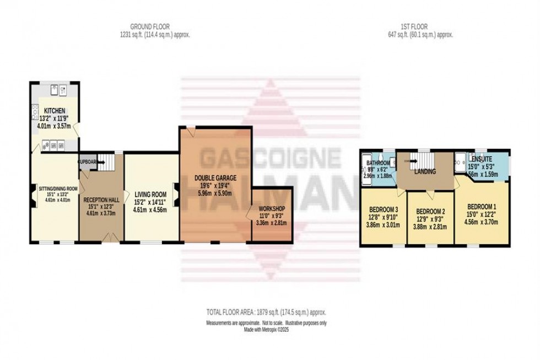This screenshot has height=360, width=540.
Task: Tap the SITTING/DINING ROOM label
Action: coord(58,189)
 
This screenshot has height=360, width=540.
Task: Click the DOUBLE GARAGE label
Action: coord(215,178)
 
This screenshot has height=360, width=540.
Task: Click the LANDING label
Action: coord(425,171)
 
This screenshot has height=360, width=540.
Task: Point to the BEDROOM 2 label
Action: coord(430,212)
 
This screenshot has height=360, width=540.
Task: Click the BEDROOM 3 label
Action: coord(383,209)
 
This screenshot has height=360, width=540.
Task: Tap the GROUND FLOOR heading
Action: coord(150,26)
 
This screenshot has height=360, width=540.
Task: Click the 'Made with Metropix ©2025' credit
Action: coord(266,330)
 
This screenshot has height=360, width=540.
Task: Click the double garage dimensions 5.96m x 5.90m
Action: coord(215,194)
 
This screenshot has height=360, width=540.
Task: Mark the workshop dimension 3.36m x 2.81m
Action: coord(271,223)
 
